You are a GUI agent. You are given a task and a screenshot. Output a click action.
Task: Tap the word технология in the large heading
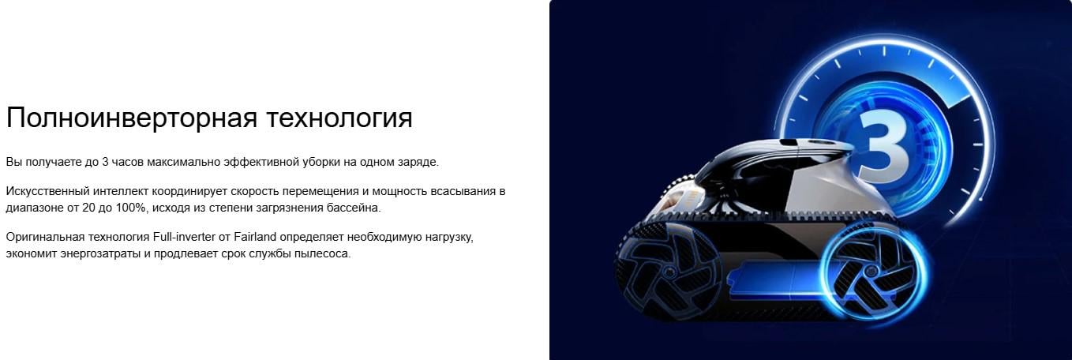click(342, 118)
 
